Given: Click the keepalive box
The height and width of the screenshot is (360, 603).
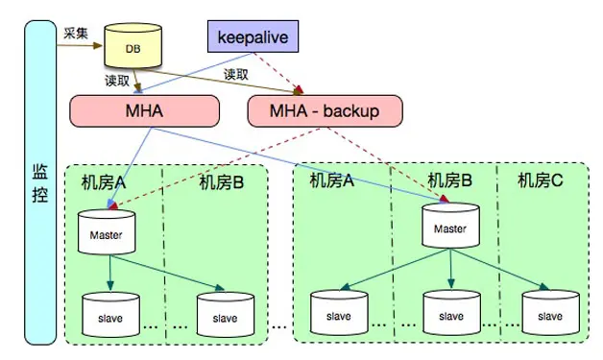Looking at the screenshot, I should click(253, 38).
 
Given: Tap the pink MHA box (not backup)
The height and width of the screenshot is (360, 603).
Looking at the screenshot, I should click(136, 111).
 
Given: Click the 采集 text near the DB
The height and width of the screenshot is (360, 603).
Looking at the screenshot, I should click(76, 33).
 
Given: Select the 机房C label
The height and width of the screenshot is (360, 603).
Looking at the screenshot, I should click(541, 180).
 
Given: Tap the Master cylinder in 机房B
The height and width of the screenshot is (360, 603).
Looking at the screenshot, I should click(449, 228).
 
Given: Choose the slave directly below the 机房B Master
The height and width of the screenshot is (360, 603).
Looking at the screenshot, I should click(449, 314).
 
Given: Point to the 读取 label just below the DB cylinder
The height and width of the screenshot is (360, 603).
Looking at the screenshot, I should click(117, 81).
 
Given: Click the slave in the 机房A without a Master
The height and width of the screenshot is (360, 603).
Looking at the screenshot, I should click(338, 314).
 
